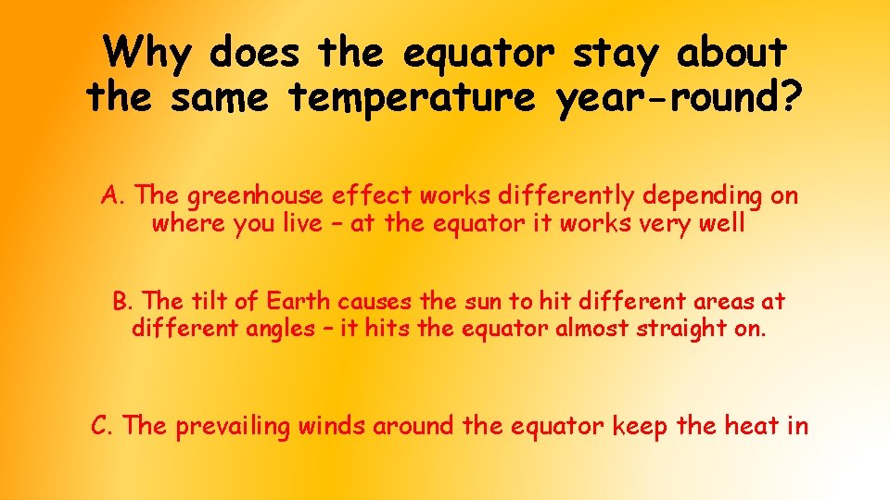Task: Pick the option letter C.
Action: click(101, 426)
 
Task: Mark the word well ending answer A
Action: click(722, 224)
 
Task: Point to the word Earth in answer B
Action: click(299, 302)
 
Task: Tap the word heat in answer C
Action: click(750, 426)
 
